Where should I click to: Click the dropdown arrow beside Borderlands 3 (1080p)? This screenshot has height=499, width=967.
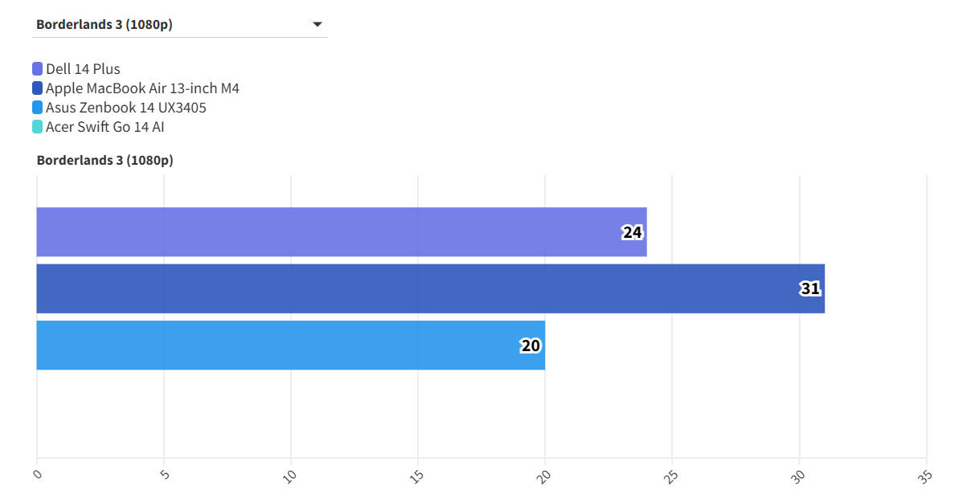click(x=317, y=25)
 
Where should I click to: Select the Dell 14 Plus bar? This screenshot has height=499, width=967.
click(x=338, y=232)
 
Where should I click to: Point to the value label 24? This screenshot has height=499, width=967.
click(x=633, y=233)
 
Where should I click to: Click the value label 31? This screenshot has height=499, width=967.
click(x=810, y=288)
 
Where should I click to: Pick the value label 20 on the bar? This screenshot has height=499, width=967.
click(x=531, y=346)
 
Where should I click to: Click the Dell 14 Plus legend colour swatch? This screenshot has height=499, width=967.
click(x=38, y=69)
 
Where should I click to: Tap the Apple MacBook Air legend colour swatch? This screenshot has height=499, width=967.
click(x=38, y=88)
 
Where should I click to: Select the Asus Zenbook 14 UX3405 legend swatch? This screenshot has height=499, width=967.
click(x=38, y=108)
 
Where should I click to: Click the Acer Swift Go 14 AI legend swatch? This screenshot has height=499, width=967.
click(x=38, y=127)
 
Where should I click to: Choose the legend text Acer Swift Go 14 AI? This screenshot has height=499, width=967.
click(x=105, y=127)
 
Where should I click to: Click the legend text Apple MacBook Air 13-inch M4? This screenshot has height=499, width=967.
click(x=142, y=88)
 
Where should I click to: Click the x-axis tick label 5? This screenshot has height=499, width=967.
click(x=165, y=474)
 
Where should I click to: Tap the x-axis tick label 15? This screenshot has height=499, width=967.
click(x=417, y=476)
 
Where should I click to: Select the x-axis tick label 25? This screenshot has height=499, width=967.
click(x=671, y=476)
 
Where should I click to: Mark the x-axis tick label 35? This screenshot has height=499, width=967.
click(x=925, y=476)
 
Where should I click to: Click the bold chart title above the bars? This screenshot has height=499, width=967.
click(x=104, y=160)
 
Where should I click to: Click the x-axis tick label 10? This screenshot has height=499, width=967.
click(x=290, y=476)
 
